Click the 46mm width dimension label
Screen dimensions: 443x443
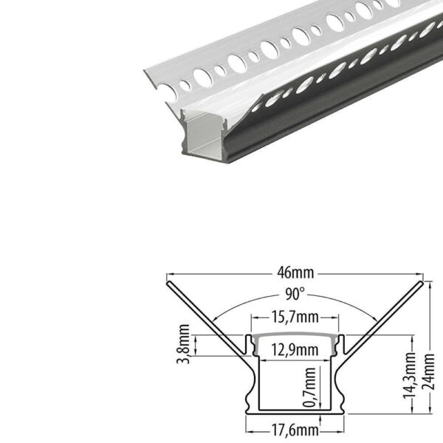pyautogui.click(x=295, y=273)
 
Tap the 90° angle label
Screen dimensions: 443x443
pyautogui.click(x=295, y=294)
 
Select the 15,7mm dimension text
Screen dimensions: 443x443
pyautogui.click(x=295, y=317)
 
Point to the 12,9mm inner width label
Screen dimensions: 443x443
pyautogui.click(x=295, y=350)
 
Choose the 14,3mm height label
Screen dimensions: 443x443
pyautogui.click(x=409, y=375)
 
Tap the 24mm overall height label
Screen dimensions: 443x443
pyautogui.click(x=427, y=371)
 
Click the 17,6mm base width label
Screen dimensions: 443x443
pyautogui.click(x=295, y=430)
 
